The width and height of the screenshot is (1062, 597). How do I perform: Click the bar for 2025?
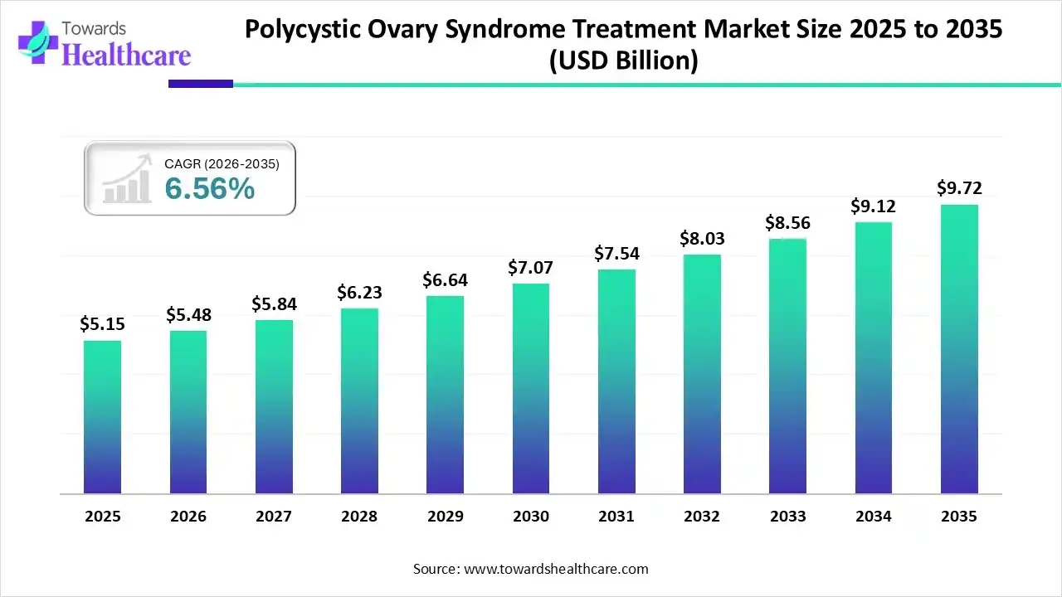pos(102,417)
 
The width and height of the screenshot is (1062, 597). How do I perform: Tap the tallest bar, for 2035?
pos(959,349)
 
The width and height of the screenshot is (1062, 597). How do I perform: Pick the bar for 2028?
pos(359,400)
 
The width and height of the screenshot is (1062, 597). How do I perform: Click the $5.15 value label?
pos(102,324)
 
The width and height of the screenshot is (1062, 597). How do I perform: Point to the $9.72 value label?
pos(959,188)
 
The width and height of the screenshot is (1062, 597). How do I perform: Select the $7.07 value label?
pos(531,267)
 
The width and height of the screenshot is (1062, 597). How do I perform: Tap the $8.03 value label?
pos(702,239)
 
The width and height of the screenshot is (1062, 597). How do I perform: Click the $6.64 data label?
pos(445,280)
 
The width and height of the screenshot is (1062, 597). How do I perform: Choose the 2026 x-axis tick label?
pos(188,517)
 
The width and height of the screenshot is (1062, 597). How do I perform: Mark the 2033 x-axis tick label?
pos(787,517)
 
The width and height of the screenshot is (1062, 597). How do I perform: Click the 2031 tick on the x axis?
pos(616,517)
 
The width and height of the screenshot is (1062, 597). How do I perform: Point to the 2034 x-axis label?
pos(874,517)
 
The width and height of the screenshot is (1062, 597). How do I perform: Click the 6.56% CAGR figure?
pos(209,189)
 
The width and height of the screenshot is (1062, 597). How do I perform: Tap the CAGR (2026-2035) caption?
pos(222,164)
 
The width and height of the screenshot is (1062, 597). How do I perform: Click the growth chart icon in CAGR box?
pos(126,179)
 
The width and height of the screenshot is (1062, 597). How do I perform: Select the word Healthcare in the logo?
pos(127,55)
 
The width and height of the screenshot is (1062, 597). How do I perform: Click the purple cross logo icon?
pos(36,41)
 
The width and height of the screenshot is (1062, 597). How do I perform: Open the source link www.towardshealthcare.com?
pos(554,569)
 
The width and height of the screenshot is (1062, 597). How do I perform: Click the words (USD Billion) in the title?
pos(623,61)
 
